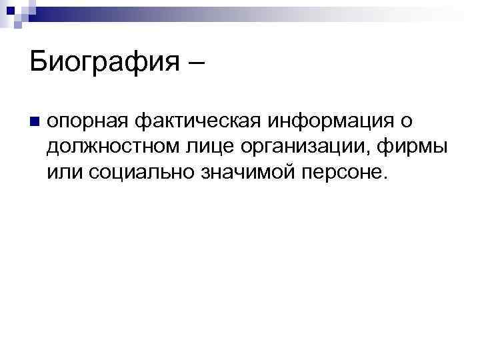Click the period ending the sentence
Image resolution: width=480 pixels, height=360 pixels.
coord(383,179)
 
